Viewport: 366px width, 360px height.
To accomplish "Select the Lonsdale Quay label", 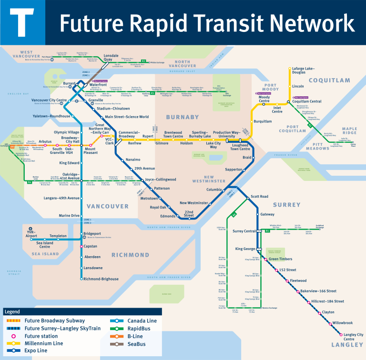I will tap(111, 57).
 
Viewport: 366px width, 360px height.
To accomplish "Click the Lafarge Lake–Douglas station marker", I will tap(289, 69).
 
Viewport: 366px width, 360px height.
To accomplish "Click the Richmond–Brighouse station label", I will tap(101, 279).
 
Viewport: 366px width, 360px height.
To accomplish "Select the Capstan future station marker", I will tap(81, 246).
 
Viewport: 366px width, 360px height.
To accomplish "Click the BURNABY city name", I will tap(182, 117).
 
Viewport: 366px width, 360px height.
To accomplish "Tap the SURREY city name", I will tap(286, 205).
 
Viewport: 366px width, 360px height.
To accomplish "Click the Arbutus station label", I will tap(45, 141).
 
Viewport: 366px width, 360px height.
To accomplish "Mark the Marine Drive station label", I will tap(69, 216).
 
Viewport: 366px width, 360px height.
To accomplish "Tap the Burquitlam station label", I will tap(263, 121).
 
